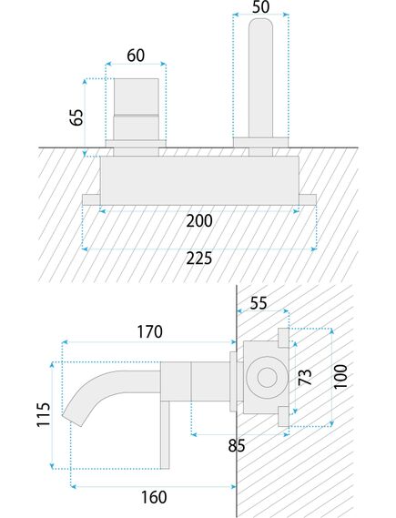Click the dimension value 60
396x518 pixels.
coord(136,56)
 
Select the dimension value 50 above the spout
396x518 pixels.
coord(260,7)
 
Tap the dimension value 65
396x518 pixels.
coord(76,118)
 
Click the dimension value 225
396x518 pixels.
coord(198,258)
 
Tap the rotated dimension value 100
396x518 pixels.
coord(340,376)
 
